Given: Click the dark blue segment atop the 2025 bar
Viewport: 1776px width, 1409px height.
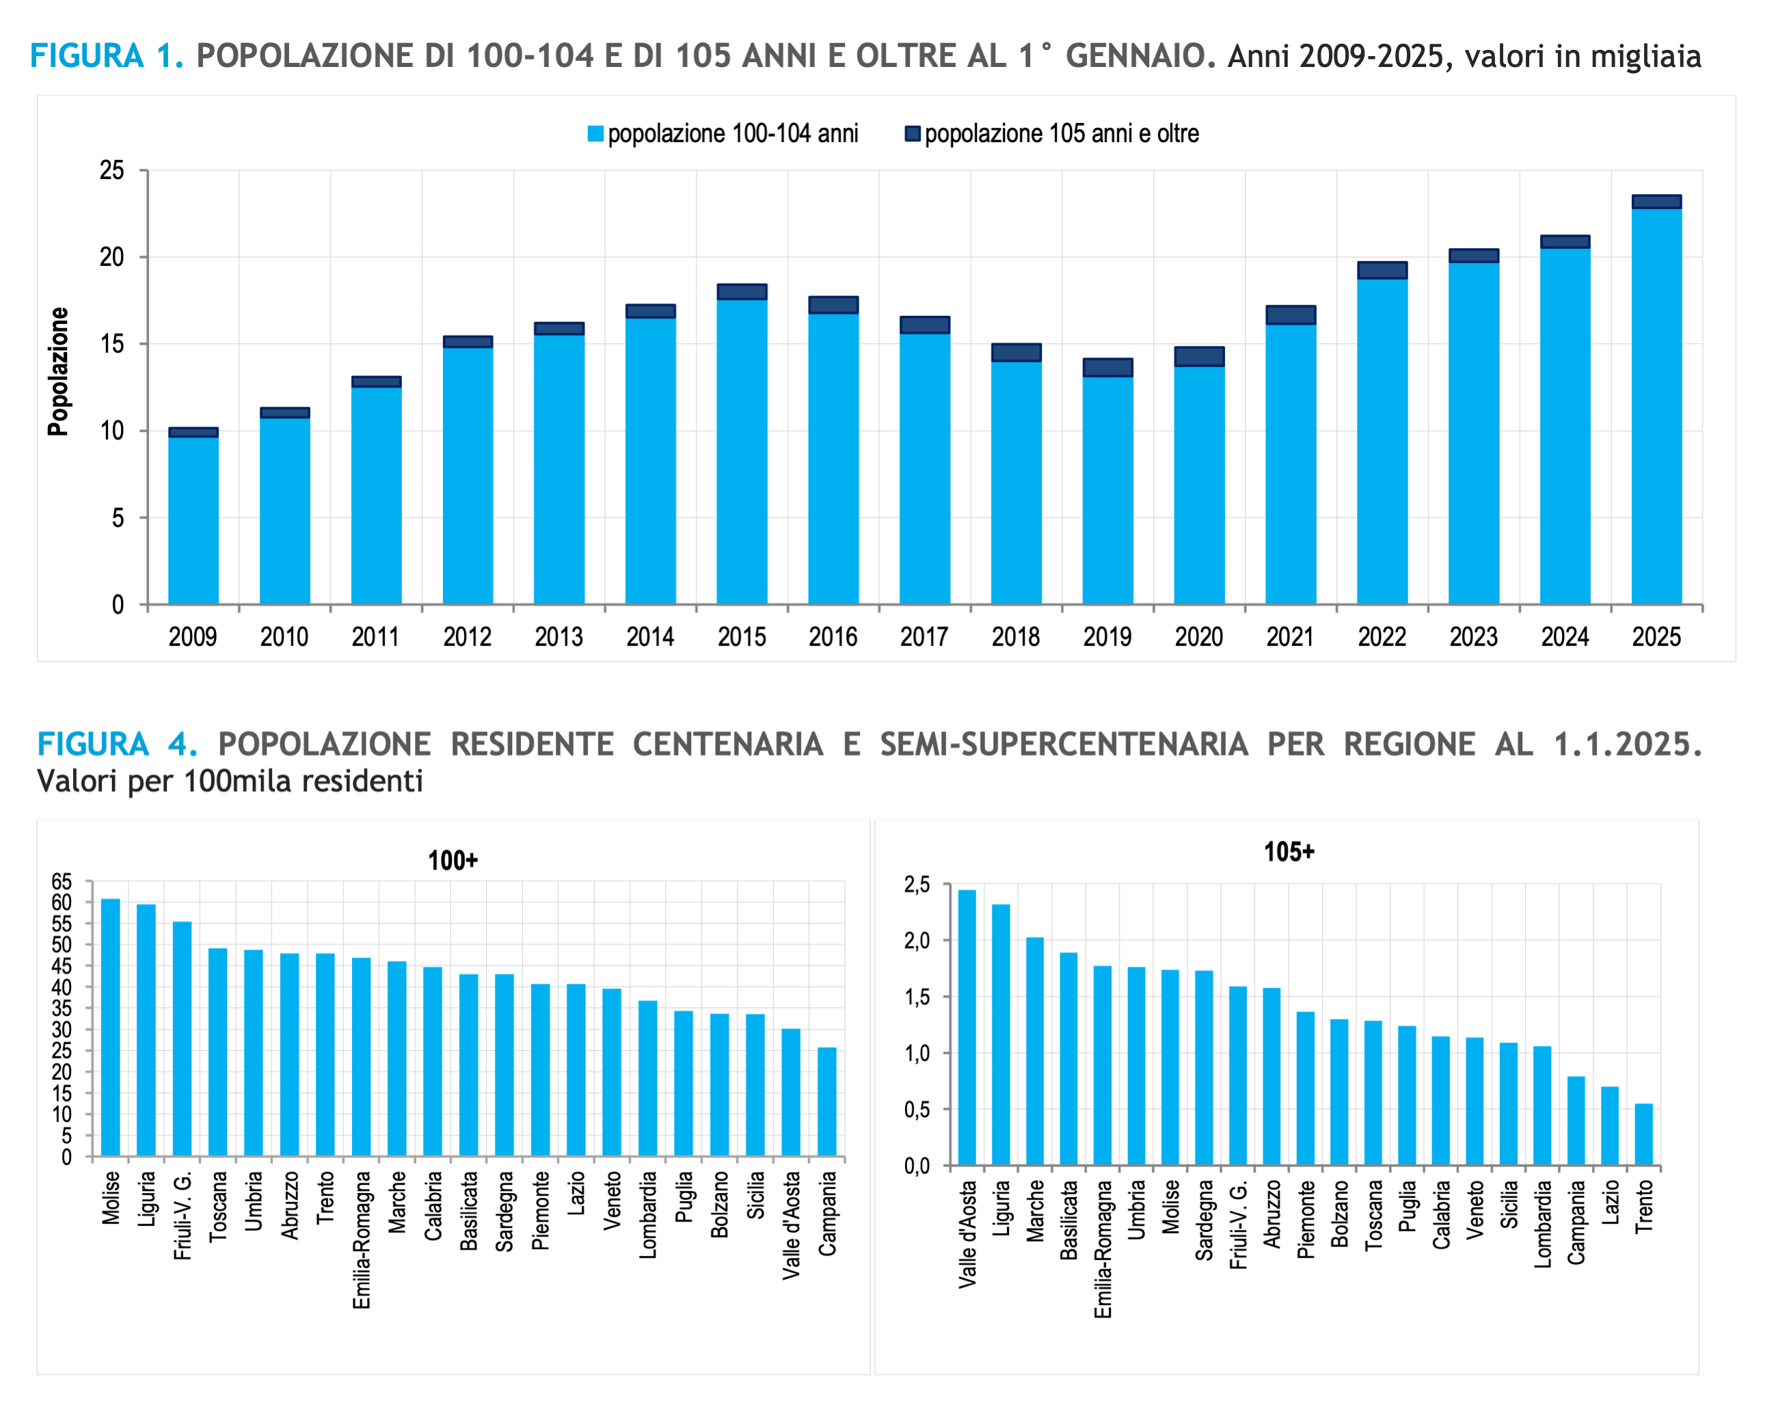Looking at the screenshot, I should pos(1656,202).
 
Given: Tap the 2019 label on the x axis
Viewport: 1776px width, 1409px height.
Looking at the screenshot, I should pos(1107,637).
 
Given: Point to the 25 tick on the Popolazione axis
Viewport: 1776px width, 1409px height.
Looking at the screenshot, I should pos(112,170).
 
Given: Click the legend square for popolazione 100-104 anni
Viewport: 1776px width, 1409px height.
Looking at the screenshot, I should pos(595,133).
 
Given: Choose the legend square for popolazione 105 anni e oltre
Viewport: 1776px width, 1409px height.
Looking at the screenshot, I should pos(913,133).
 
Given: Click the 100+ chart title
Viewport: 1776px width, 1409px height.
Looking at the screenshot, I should pos(453,860).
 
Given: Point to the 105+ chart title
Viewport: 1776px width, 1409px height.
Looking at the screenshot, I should pos(1289,851).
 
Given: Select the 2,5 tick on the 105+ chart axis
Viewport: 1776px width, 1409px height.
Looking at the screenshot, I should pos(917,885).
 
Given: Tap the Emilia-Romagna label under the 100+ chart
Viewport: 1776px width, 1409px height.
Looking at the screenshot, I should pos(362,1239).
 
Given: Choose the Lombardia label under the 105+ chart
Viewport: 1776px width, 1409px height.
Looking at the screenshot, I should pos(1542,1224).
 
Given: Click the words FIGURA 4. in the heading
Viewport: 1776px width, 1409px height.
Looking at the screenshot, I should pos(117,744).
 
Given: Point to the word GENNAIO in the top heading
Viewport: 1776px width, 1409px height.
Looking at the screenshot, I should pos(1135,56).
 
